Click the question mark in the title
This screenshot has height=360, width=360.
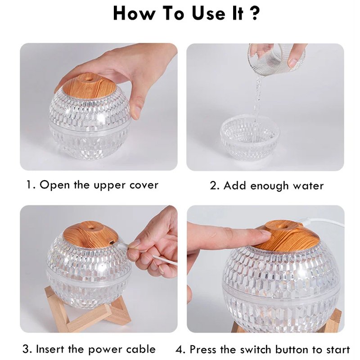pyautogui.click(x=254, y=13)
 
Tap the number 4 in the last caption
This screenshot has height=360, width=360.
pyautogui.click(x=179, y=350)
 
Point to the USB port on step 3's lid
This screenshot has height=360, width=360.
pyautogui.click(x=111, y=242)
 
